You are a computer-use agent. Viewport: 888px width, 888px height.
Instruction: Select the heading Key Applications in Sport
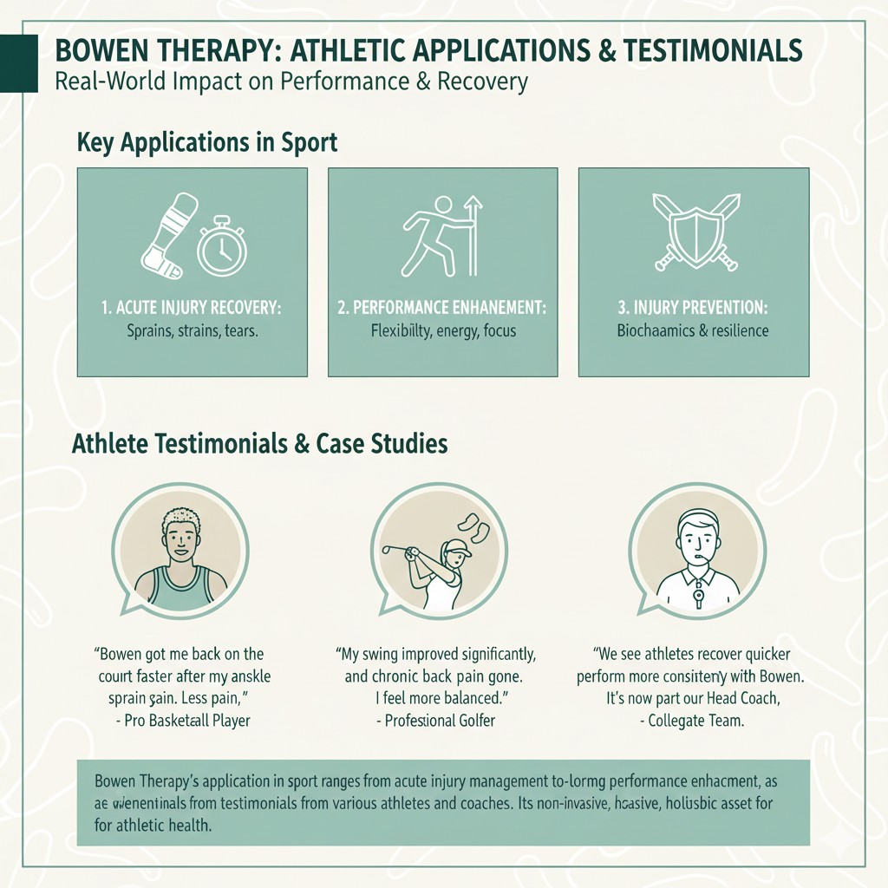[206, 141]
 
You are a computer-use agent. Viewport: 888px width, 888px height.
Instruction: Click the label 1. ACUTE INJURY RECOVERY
[192, 307]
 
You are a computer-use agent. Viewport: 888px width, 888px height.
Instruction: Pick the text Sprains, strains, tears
[192, 330]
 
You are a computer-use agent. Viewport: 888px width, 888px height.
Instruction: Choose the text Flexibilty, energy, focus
[442, 330]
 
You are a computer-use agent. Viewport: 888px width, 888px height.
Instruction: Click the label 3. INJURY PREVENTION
[693, 307]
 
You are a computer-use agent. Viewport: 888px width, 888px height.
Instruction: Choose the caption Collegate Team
[696, 721]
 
